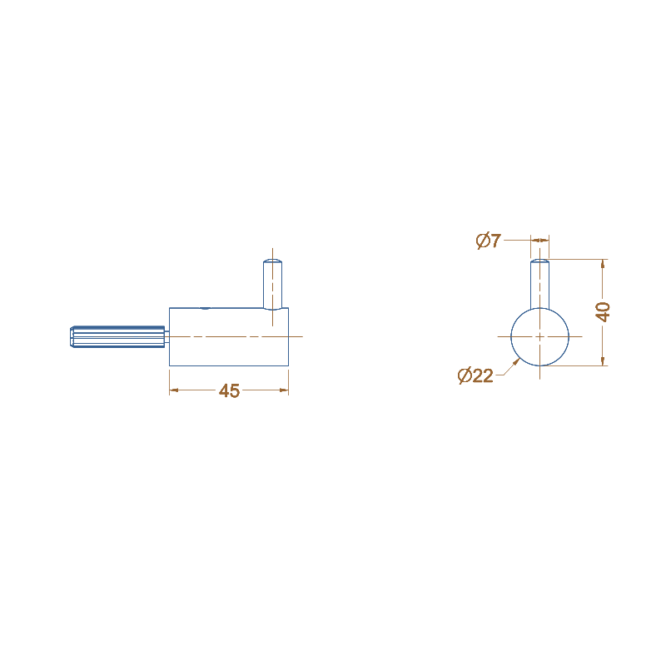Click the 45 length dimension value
click(x=229, y=391)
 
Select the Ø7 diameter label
click(x=489, y=241)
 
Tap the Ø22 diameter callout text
click(x=475, y=376)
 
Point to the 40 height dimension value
click(x=604, y=312)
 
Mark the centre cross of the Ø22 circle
click(x=539, y=336)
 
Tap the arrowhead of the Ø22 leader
click(x=518, y=360)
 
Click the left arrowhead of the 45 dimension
click(x=173, y=390)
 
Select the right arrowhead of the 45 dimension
click(x=285, y=390)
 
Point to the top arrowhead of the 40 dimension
click(x=603, y=263)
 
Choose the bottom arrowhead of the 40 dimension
click(x=603, y=360)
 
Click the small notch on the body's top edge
click(x=204, y=308)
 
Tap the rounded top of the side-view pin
click(x=274, y=261)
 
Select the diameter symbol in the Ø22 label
click(x=465, y=376)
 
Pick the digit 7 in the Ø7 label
click(x=495, y=241)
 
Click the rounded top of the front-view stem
click(x=539, y=261)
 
